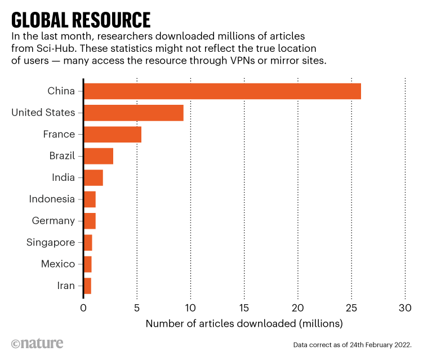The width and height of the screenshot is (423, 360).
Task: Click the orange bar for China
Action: [222, 91]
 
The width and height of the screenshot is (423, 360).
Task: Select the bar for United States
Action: [133, 113]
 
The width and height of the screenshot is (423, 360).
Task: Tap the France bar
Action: [112, 134]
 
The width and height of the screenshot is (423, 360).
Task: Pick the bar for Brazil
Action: [98, 156]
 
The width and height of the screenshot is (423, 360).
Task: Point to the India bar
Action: [93, 177]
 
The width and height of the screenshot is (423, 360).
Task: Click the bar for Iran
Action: [87, 286]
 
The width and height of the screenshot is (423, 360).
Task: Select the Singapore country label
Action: [51, 242]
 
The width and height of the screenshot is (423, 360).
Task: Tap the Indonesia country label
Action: [52, 199]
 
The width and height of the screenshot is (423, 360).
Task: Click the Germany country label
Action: [54, 221]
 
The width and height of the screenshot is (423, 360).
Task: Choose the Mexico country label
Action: [58, 264]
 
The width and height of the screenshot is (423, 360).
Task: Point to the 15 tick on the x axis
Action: [244, 308]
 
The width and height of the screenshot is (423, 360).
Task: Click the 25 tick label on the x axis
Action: [351, 308]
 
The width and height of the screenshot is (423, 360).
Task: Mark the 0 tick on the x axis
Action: [83, 308]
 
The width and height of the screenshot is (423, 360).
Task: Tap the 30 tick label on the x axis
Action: [405, 308]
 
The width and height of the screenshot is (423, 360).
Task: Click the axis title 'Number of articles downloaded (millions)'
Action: [244, 324]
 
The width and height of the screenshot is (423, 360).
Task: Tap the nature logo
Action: [37, 343]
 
